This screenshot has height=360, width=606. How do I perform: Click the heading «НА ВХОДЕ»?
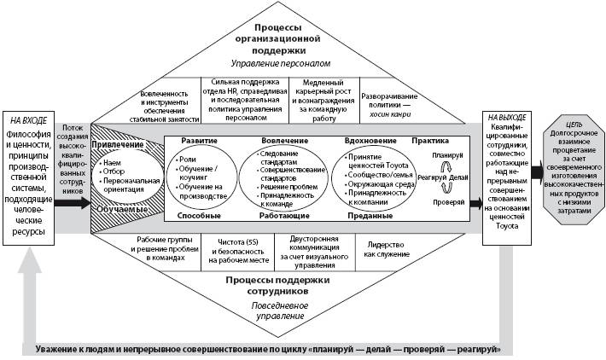click(29, 119)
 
